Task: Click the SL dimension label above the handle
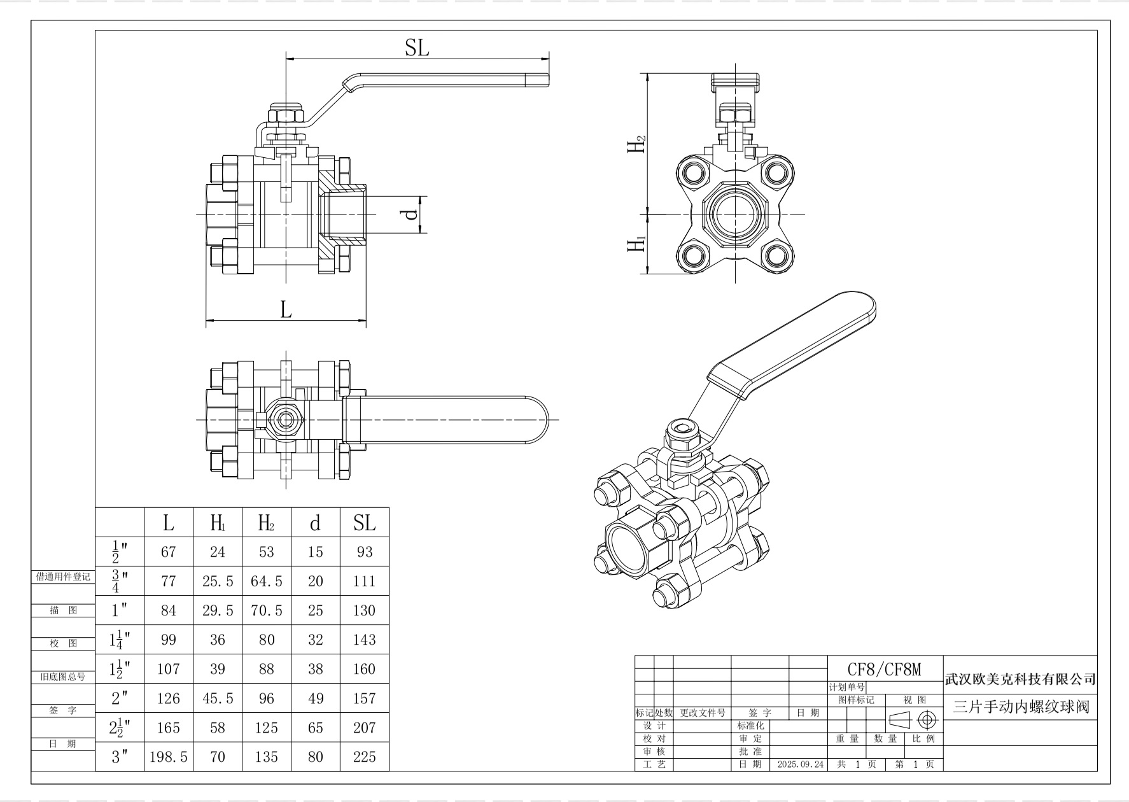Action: [417, 48]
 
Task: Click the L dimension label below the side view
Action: [286, 309]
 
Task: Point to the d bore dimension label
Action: [412, 213]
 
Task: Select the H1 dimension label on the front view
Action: [637, 244]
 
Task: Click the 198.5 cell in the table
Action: [169, 757]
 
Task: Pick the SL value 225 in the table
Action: [365, 757]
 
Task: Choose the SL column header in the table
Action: [365, 523]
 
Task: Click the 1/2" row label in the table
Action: [120, 552]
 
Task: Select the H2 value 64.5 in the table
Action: [267, 581]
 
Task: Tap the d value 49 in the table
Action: [316, 698]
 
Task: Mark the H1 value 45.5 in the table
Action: [218, 698]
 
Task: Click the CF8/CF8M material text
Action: [885, 669]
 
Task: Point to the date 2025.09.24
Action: [801, 764]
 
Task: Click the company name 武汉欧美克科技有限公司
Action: [1020, 679]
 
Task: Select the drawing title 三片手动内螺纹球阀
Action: [1021, 707]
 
